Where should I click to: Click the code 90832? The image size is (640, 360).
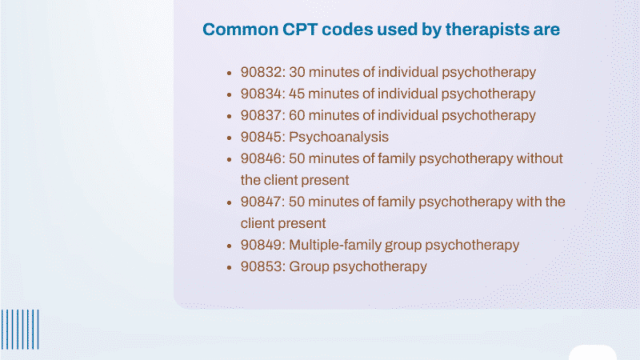261,72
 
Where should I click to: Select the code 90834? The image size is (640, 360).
261,94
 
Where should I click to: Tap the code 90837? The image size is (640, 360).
261,115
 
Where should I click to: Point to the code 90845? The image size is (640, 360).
261,137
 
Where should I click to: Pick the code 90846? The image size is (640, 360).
261,158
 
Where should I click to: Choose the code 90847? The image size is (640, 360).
261,202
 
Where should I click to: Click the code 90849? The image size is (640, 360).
261,245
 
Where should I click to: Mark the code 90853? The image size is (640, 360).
261,267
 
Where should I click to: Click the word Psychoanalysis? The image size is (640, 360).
339,138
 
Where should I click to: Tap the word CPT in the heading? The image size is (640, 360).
300,29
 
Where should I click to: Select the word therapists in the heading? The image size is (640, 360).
487,30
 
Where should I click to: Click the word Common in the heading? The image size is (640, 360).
241,29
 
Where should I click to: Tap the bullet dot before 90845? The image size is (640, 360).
229,138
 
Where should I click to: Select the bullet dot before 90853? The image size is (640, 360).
229,268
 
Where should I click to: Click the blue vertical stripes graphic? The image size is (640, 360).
20,330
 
